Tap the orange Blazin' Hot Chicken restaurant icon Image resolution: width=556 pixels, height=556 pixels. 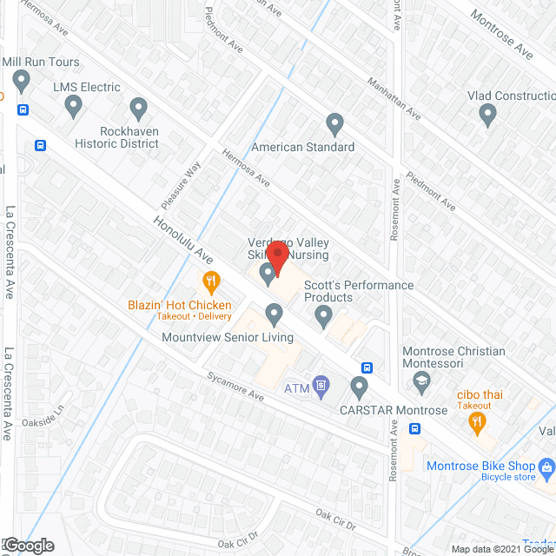click(x=210, y=281)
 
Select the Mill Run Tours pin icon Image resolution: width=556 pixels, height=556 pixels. click(x=23, y=83)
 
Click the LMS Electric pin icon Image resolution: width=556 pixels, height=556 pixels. click(x=74, y=107)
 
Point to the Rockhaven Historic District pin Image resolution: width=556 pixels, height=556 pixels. click(x=138, y=110)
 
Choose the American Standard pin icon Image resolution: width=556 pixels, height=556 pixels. click(x=334, y=124)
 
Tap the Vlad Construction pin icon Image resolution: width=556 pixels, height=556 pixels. click(x=488, y=114)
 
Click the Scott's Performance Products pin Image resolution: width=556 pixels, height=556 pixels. click(x=324, y=317)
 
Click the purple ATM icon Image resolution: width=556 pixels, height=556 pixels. click(x=321, y=384)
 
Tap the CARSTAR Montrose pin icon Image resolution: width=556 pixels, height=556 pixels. click(x=359, y=387)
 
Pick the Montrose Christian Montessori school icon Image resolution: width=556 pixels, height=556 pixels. click(x=421, y=381)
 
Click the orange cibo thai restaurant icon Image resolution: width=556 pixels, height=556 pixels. click(x=476, y=423)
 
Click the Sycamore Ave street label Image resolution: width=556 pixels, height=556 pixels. click(x=235, y=385)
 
